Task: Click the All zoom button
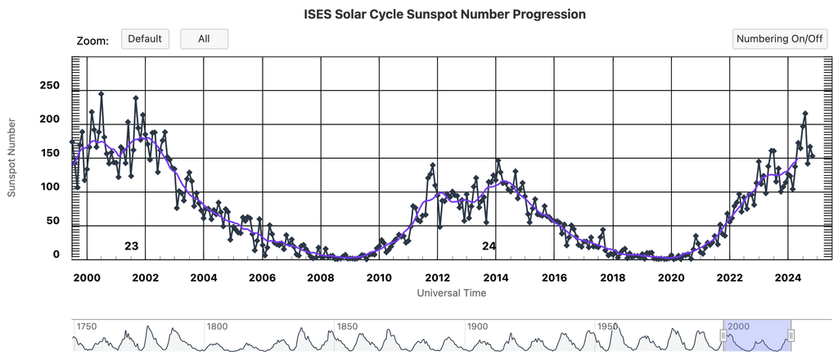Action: click(x=204, y=38)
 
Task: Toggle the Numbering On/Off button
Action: click(x=779, y=38)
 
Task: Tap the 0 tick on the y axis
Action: click(x=56, y=254)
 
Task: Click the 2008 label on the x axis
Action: click(x=320, y=277)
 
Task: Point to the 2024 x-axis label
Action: click(x=787, y=277)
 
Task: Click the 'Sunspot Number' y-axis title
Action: click(x=12, y=157)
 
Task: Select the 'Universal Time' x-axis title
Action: click(x=451, y=292)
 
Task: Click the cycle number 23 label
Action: click(x=131, y=245)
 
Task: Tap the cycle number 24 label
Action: click(x=489, y=245)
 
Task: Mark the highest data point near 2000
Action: click(x=101, y=94)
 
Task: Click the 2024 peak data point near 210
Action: click(x=805, y=114)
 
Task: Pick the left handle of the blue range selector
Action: click(x=723, y=335)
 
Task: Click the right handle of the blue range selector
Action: click(x=791, y=335)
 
